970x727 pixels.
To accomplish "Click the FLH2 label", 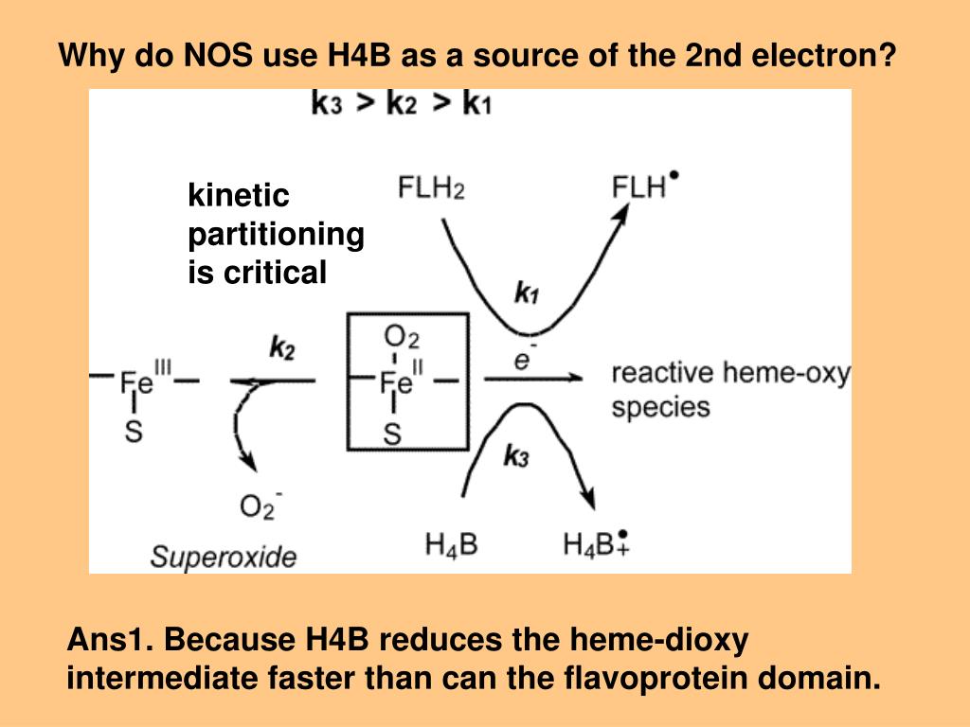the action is coord(431,188).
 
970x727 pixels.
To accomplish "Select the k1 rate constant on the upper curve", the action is coord(527,293).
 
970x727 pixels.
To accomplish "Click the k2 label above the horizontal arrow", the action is coord(281,349).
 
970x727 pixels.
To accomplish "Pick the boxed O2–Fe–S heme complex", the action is coord(407,381).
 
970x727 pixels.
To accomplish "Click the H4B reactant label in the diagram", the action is coord(451,544).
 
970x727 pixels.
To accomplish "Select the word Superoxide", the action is coord(223,557).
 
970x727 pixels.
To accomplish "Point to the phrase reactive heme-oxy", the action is coord(730,373).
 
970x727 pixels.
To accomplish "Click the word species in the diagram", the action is coord(660,408).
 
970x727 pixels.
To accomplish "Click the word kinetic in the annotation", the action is coord(239,196).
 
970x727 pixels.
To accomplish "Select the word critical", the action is coord(275,274).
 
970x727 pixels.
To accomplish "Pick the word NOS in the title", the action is coord(218,56).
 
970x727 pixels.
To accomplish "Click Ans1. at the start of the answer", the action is coord(111,641).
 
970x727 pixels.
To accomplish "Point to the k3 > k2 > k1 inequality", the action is coord(402,103).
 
